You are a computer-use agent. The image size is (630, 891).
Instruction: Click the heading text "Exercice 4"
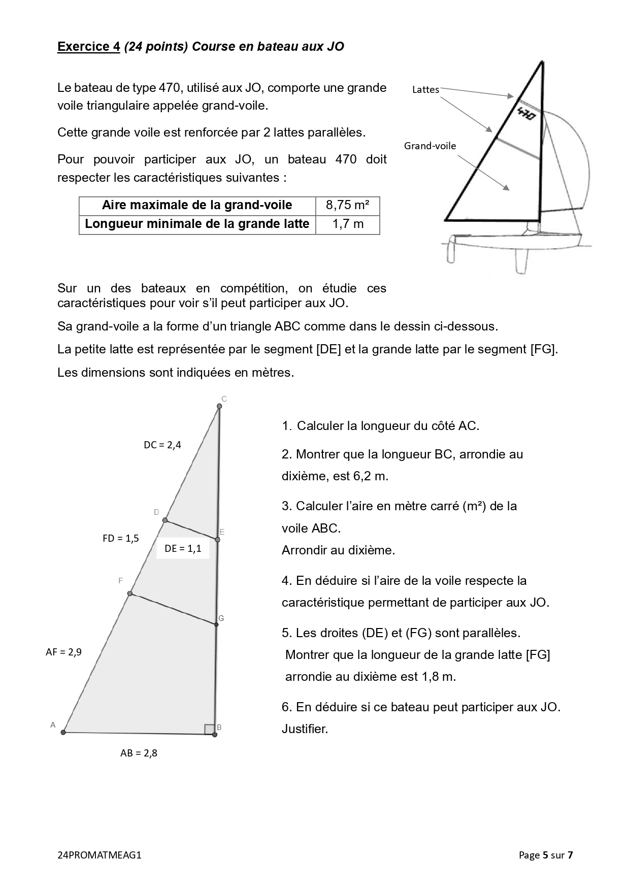tap(88, 47)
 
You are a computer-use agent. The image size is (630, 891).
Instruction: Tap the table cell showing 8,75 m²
tap(347, 205)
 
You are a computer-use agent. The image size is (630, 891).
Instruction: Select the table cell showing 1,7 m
tap(348, 224)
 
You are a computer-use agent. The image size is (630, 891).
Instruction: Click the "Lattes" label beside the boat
tap(425, 90)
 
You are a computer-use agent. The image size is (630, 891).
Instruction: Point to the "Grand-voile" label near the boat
tap(430, 146)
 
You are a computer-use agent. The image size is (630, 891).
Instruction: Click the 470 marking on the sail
tap(526, 113)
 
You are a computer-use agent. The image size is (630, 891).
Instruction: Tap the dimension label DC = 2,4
tap(162, 445)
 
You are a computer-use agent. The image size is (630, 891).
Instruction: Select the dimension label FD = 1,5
tap(121, 539)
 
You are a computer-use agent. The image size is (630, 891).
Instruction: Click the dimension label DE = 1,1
tap(183, 548)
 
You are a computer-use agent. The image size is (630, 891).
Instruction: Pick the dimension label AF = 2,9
tap(63, 652)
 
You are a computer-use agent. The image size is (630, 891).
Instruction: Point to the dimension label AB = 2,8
tap(139, 753)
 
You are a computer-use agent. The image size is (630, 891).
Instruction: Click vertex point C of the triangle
tap(219, 406)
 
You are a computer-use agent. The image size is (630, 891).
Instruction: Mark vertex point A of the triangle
tap(63, 732)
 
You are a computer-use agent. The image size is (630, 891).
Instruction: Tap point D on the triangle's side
tap(165, 520)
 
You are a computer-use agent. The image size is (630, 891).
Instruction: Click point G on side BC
tap(216, 624)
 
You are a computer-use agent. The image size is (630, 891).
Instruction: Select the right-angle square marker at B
tap(209, 730)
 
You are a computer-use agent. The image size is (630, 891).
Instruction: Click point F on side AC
tap(130, 593)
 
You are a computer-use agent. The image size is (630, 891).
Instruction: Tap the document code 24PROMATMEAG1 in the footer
tap(100, 855)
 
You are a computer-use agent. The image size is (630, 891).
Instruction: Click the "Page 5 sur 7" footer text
tap(546, 855)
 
